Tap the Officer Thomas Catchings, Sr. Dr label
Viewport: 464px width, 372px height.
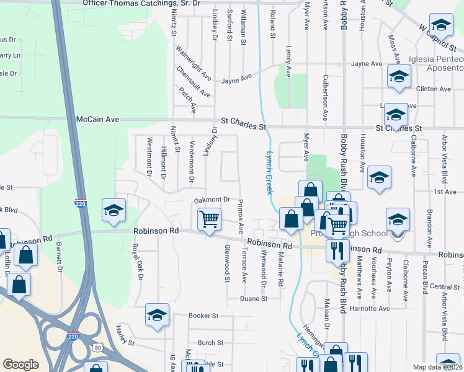[x=142, y=3]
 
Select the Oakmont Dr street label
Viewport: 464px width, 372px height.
[x=212, y=200]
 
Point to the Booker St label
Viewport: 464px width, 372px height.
[x=203, y=316]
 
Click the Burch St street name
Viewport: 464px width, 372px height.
[x=210, y=342]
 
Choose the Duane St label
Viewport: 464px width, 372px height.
[x=254, y=298]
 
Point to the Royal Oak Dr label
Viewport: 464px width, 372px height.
[x=136, y=259]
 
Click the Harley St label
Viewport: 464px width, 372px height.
[x=125, y=340]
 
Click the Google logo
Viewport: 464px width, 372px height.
[x=20, y=365]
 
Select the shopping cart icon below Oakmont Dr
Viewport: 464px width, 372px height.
[x=209, y=219]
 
